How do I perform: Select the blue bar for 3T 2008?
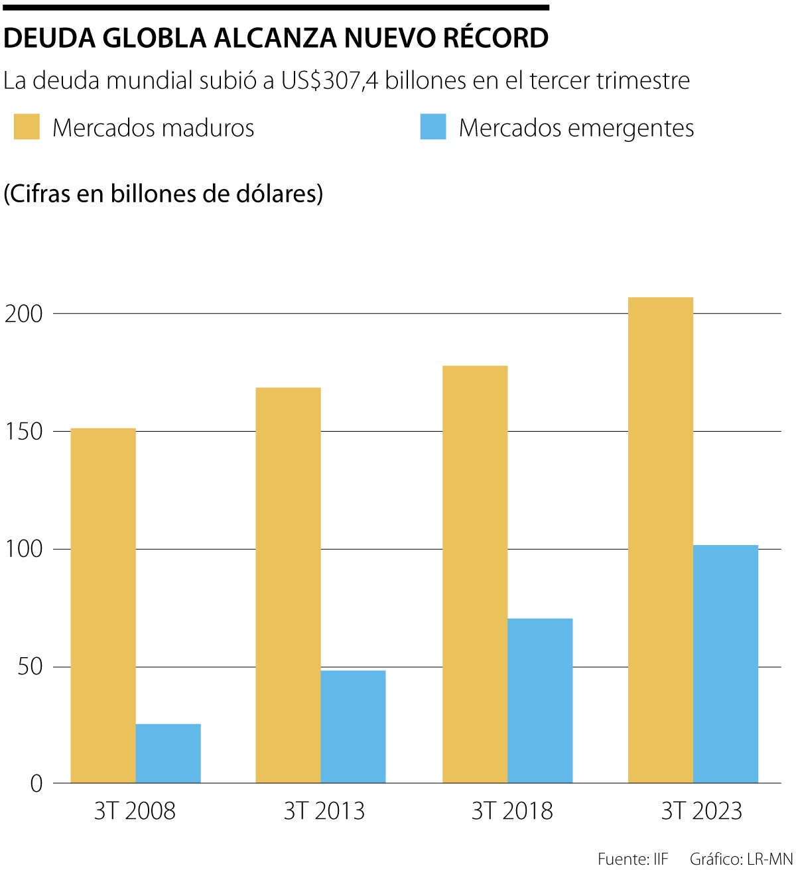[168, 753]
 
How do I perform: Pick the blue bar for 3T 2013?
[353, 727]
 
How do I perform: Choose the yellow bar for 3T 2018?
[475, 574]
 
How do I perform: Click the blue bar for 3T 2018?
[540, 701]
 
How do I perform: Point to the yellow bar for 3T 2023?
[660, 540]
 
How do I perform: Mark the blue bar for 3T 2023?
[725, 664]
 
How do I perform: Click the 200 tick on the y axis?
[24, 314]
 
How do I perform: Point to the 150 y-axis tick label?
[24, 432]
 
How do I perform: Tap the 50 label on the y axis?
[30, 667]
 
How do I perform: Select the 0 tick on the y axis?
[36, 784]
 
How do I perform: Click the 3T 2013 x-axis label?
[324, 811]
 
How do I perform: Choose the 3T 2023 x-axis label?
[701, 811]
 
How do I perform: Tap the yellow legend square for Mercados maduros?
[27, 127]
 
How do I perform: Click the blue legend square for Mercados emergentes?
[432, 127]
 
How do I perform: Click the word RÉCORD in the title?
[496, 38]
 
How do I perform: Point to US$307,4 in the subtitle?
[330, 80]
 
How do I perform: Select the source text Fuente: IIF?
[633, 859]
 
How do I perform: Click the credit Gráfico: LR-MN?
[741, 859]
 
